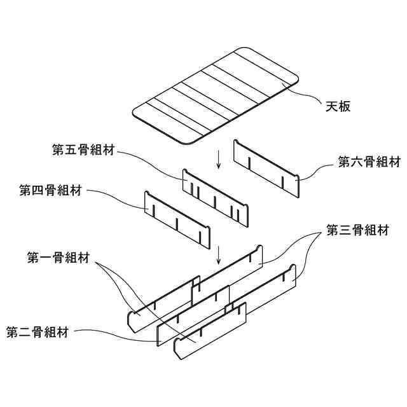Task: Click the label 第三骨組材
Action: (357, 230)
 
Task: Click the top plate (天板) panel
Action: (216, 95)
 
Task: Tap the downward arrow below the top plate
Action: (219, 159)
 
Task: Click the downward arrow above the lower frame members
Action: (219, 254)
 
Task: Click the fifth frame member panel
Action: (215, 197)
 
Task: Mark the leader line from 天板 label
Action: (305, 95)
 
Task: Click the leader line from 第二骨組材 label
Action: (114, 334)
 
